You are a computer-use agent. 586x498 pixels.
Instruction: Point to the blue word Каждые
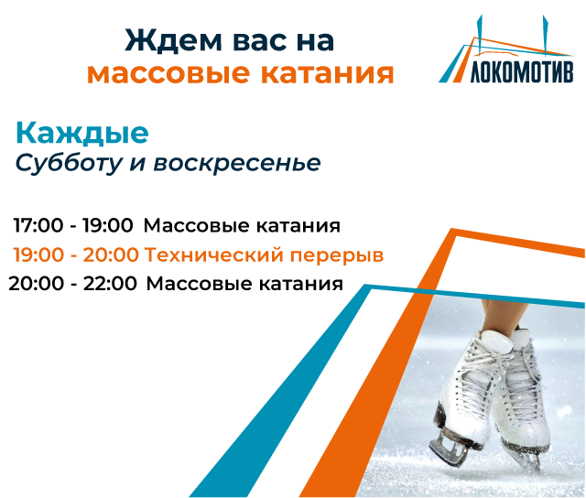81,134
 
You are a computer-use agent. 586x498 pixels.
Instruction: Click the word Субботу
62,163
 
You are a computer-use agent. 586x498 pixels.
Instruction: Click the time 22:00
110,284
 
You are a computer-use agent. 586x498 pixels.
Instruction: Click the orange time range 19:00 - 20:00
75,254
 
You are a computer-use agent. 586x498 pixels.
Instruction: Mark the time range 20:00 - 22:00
73,284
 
